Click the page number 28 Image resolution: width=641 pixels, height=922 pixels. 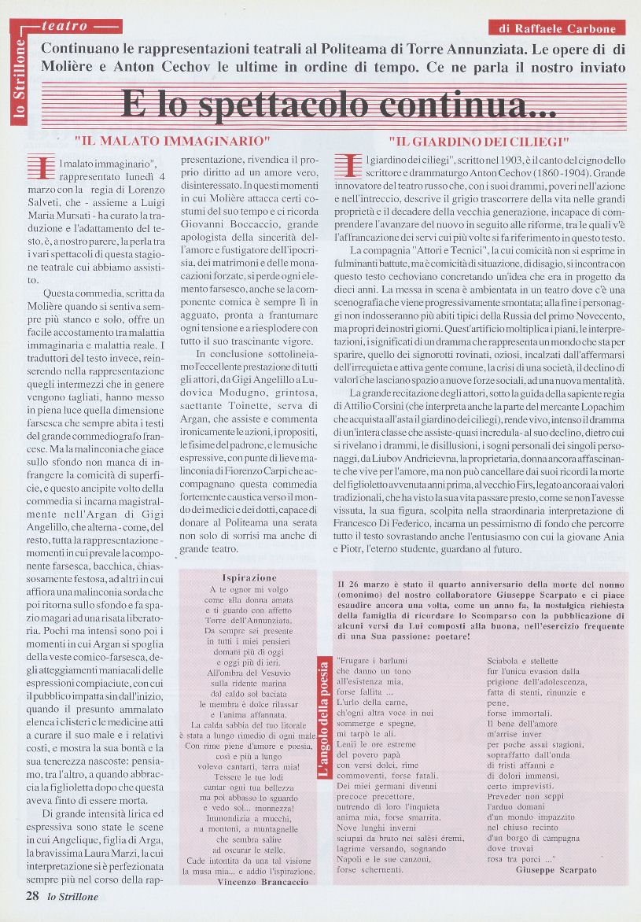coord(32,895)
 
